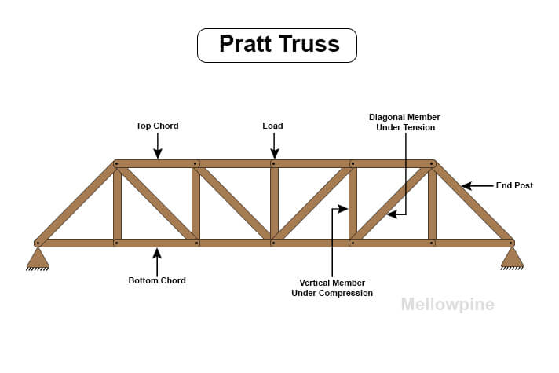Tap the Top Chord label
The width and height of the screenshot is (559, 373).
pyautogui.click(x=158, y=126)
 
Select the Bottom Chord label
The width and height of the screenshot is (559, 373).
pyautogui.click(x=157, y=280)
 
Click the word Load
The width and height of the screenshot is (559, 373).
pyautogui.click(x=272, y=126)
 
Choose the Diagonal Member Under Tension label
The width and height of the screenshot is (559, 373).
pyautogui.click(x=404, y=122)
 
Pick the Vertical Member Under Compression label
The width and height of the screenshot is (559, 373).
pyautogui.click(x=332, y=287)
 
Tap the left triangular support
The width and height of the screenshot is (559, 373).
pyautogui.click(x=38, y=257)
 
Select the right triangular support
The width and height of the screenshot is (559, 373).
pyautogui.click(x=512, y=257)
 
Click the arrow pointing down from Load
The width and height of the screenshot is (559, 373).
pyautogui.click(x=273, y=145)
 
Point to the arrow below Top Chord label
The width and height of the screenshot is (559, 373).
pyautogui.click(x=158, y=145)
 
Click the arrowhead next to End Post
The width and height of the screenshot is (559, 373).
pyautogui.click(x=465, y=186)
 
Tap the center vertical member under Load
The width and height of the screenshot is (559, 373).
pyautogui.click(x=274, y=203)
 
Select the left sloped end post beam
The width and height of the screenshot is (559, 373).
pyautogui.click(x=76, y=203)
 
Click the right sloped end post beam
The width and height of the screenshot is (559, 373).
pyautogui.click(x=473, y=203)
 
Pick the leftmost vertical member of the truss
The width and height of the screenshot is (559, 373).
pyautogui.click(x=117, y=203)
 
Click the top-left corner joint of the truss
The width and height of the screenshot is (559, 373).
pyautogui.click(x=116, y=164)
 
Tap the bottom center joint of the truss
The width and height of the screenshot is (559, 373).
pyautogui.click(x=273, y=243)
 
